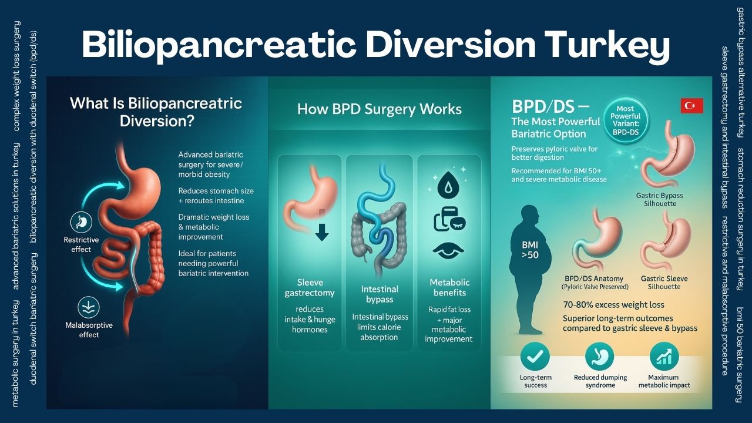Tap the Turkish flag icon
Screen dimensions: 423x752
pos(691,106)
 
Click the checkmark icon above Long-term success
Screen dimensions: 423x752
pos(535,356)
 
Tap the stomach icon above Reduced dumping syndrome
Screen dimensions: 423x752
pos(599,356)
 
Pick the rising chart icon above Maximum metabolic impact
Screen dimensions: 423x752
pos(664,356)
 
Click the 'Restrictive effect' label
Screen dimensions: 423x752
pos(81,244)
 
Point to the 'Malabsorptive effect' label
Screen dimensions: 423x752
pos(89,330)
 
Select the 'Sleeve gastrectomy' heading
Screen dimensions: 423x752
pos(309,287)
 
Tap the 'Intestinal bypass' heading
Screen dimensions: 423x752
pos(380,294)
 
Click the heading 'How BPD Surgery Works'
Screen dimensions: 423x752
pos(379,109)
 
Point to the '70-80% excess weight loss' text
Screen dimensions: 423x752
pos(613,305)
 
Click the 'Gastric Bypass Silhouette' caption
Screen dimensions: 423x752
pos(660,199)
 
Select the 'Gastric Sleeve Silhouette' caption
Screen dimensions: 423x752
pos(664,283)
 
